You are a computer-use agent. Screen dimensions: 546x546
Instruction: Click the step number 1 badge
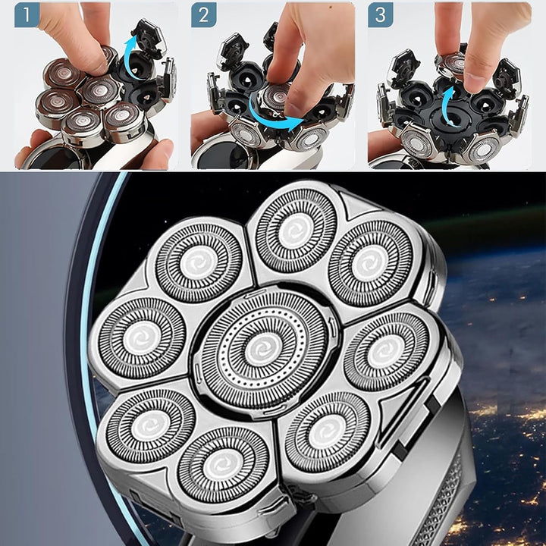(27, 14)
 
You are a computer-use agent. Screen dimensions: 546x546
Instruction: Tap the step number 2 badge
(204, 14)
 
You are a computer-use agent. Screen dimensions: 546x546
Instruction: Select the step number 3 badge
(381, 14)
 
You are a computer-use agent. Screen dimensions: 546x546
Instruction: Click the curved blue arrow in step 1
(133, 55)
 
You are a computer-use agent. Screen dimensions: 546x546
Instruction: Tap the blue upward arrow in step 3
(447, 105)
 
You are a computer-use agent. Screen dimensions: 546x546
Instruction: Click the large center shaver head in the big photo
(264, 350)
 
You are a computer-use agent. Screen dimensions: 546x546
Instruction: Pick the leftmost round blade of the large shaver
(142, 338)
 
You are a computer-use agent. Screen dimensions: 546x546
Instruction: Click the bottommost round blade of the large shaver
(223, 465)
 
